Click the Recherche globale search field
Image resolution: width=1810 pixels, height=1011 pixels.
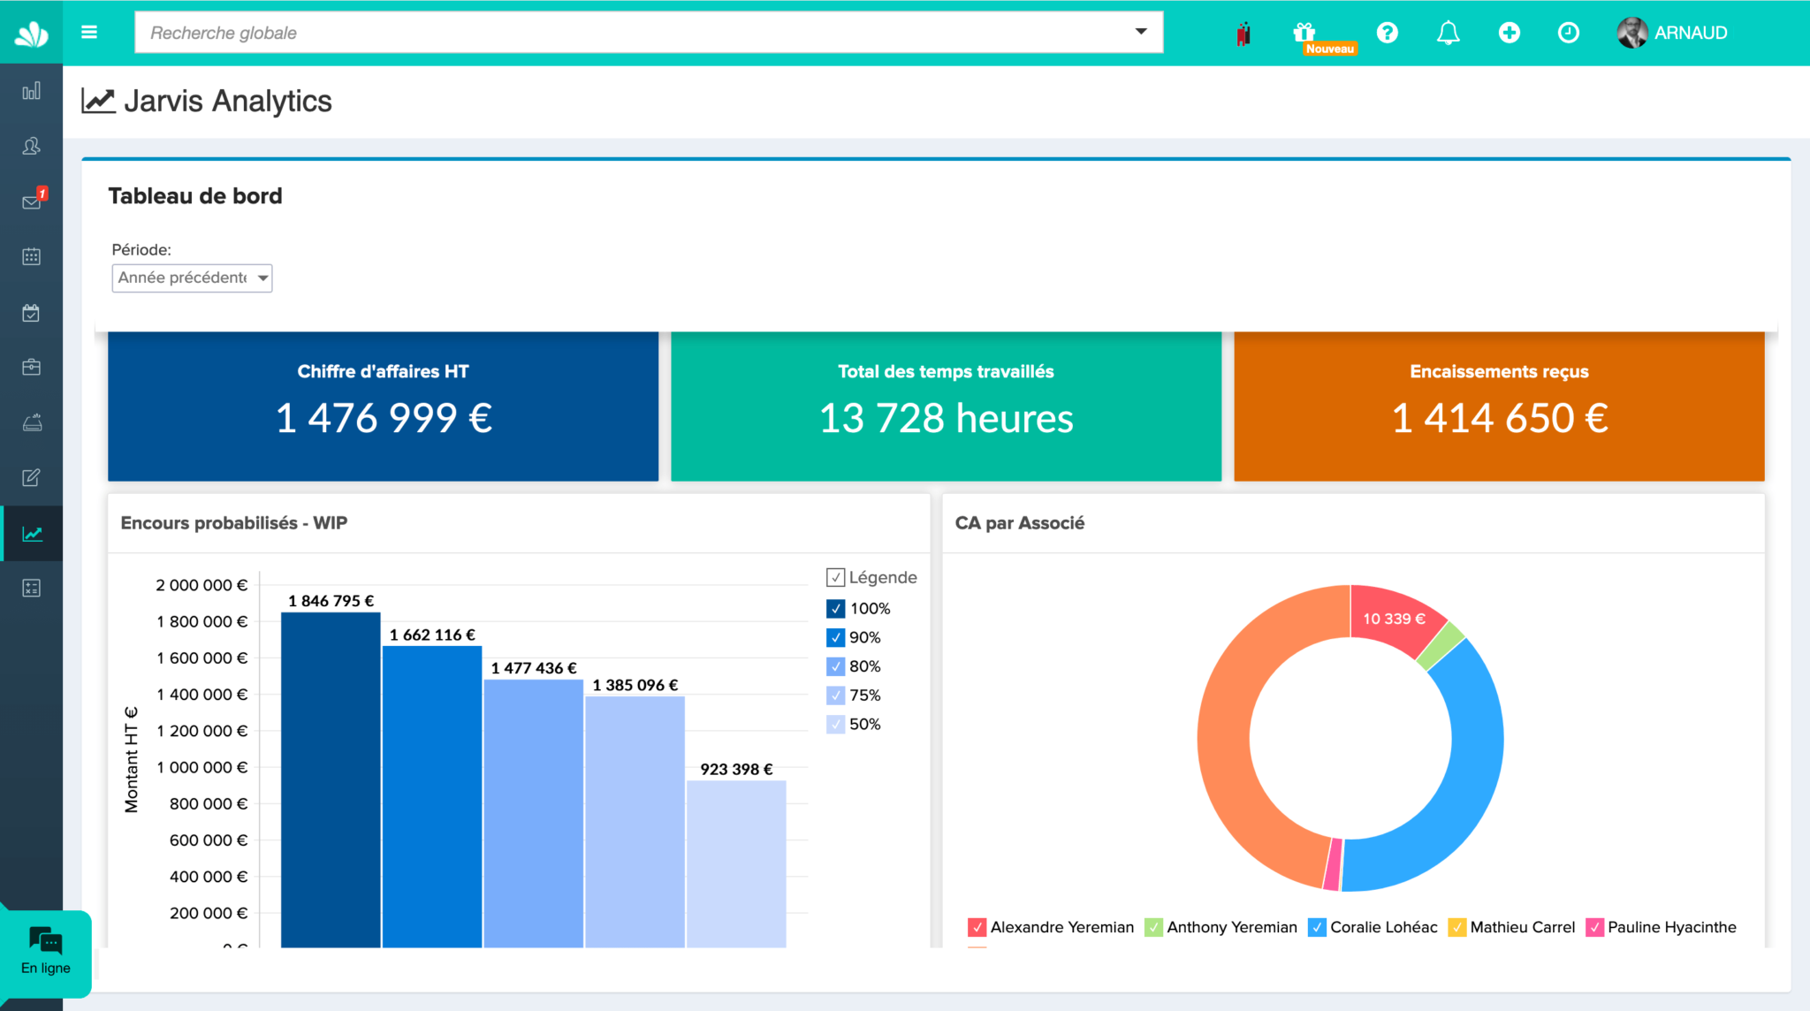coord(636,33)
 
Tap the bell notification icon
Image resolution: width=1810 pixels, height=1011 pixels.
coord(1448,33)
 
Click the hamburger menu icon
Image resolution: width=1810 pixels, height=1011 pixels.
coord(89,33)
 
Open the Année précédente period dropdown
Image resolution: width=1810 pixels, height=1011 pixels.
coord(192,277)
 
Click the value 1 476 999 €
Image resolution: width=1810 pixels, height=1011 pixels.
coord(384,418)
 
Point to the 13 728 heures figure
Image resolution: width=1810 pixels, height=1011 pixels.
coord(946,418)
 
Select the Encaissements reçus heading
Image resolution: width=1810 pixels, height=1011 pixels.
coord(1499,371)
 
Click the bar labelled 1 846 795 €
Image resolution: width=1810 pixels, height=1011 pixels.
coord(331,778)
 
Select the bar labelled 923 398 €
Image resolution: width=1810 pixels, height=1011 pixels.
coord(736,862)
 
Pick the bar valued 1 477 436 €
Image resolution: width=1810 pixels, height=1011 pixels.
coord(533,813)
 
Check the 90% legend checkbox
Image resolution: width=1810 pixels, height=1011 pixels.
coord(836,637)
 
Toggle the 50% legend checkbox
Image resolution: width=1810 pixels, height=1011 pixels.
coord(836,724)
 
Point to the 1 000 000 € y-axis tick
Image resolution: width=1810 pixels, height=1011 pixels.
coord(202,767)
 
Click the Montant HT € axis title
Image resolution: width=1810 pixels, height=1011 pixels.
coord(132,759)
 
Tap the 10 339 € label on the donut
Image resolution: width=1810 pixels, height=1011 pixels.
coord(1394,619)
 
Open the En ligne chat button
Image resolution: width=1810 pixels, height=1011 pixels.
coord(46,952)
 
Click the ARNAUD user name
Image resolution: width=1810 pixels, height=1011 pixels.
coord(1690,33)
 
